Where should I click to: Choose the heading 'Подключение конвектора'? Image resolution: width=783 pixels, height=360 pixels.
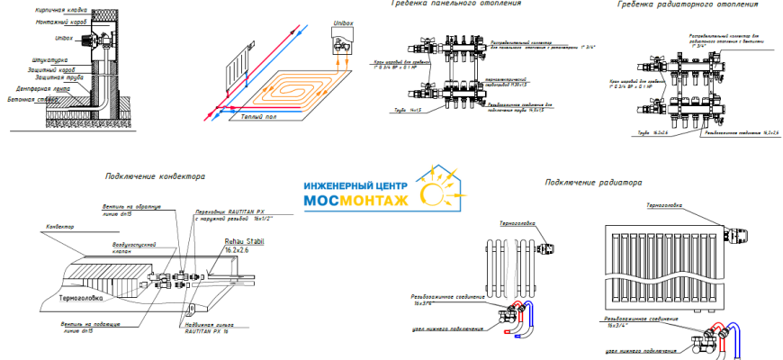(154, 176)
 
